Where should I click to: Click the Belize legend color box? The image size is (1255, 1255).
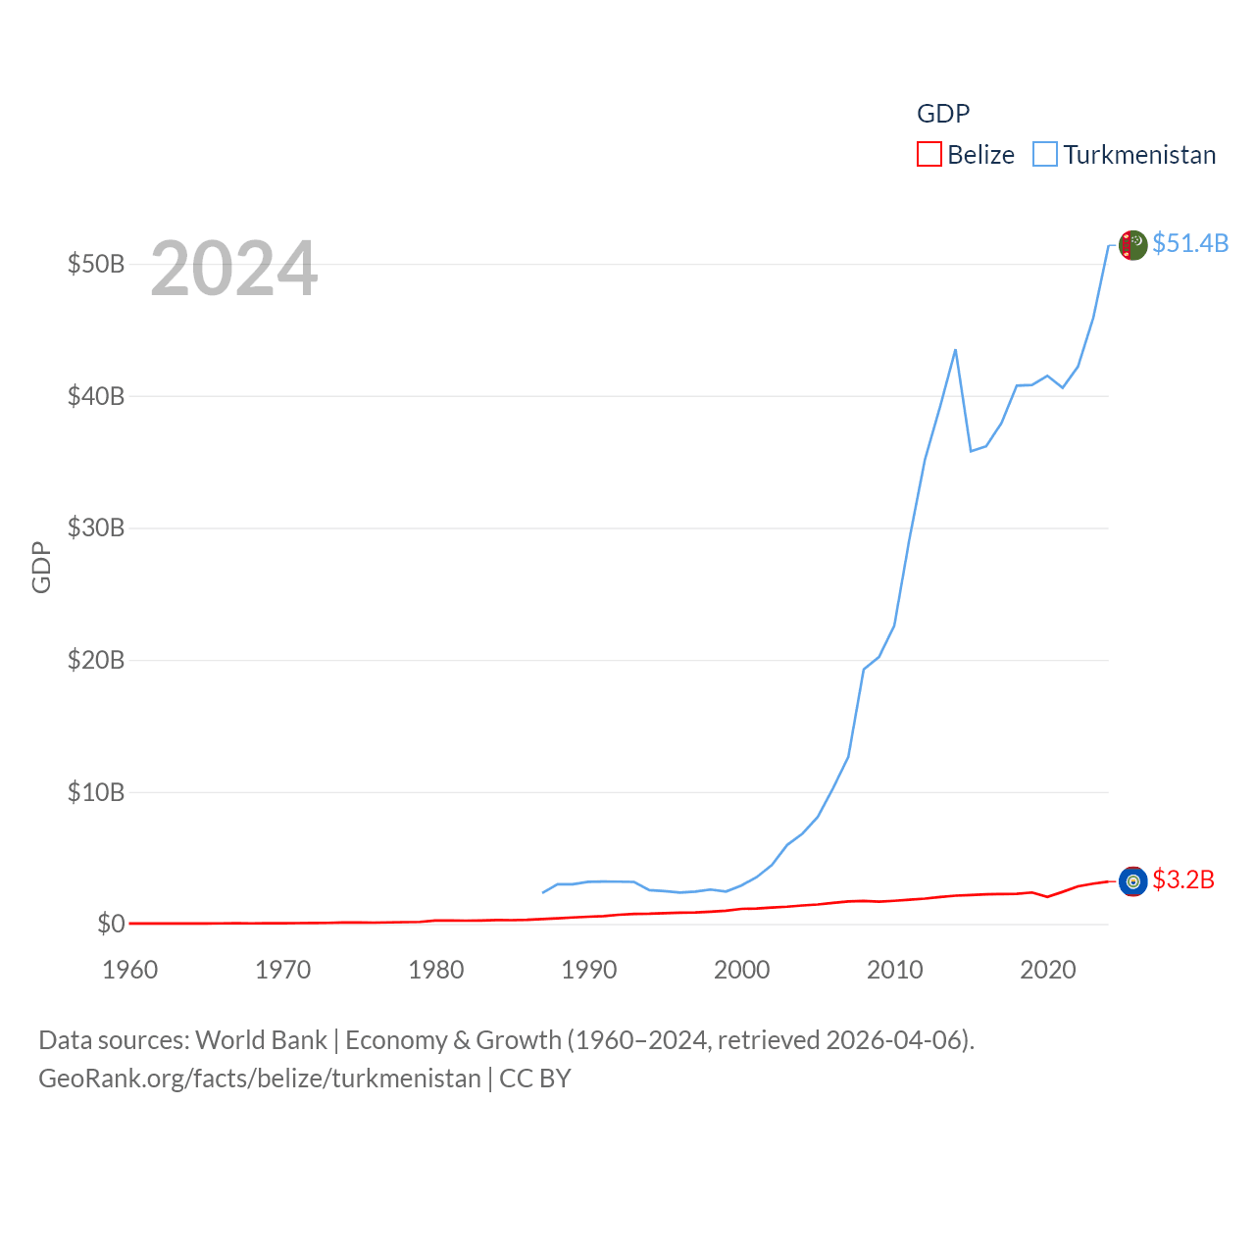(x=929, y=154)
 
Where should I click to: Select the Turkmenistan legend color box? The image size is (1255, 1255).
(x=1045, y=154)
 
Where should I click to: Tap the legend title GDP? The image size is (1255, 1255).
(x=943, y=114)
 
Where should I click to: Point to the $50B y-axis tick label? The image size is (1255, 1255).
(x=96, y=264)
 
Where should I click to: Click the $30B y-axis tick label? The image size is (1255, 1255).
(x=96, y=527)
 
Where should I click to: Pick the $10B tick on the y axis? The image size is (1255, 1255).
(x=96, y=791)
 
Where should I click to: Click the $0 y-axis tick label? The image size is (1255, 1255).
(x=111, y=924)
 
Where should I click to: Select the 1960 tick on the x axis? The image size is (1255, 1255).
(x=130, y=970)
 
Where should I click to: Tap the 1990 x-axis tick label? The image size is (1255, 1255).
(x=589, y=970)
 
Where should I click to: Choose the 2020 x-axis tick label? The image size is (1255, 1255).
(x=1048, y=970)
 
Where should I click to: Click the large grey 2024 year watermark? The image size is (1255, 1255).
(x=233, y=268)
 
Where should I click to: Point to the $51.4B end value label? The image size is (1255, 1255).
(x=1190, y=243)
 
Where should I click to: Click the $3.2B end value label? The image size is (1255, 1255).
(x=1183, y=879)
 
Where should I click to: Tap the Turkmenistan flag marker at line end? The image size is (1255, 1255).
(x=1132, y=245)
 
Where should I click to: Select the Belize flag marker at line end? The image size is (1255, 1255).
(x=1132, y=881)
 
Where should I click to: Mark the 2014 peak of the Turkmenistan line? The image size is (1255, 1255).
(x=955, y=350)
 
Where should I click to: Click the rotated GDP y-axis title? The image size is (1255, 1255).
(x=41, y=567)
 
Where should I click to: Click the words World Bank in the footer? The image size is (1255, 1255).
(x=261, y=1039)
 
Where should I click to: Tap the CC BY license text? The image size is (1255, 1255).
(x=535, y=1079)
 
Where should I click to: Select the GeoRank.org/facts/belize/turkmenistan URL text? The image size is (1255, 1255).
(x=260, y=1079)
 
